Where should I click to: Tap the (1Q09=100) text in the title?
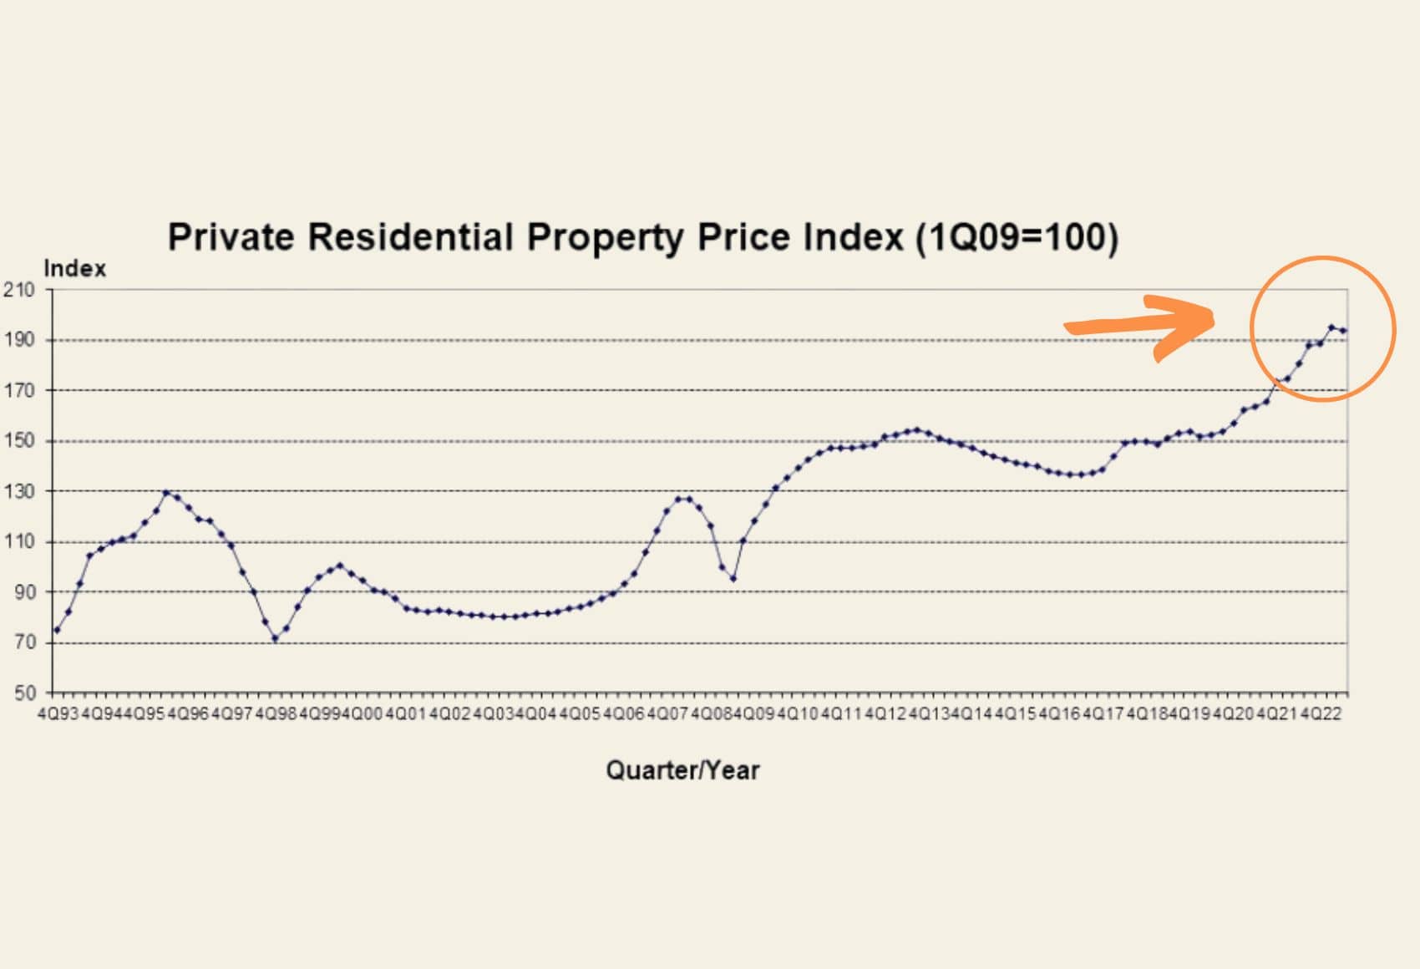click(x=1017, y=238)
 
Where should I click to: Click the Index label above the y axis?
click(x=75, y=269)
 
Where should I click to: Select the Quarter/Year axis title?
click(x=682, y=769)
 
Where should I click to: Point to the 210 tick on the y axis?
click(x=19, y=290)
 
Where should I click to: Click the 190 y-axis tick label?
click(x=19, y=340)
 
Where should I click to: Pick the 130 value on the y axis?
click(x=19, y=491)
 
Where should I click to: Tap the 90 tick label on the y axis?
click(x=23, y=592)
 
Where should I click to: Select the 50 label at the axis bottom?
click(x=23, y=693)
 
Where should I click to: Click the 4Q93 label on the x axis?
click(x=58, y=714)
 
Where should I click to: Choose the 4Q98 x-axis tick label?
click(x=276, y=714)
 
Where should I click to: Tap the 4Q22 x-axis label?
click(x=1321, y=714)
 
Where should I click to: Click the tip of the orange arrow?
click(x=1213, y=318)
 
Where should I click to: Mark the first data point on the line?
click(x=57, y=630)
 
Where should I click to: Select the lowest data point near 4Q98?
click(x=275, y=639)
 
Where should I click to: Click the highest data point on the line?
click(x=1331, y=327)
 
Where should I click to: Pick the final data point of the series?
click(x=1343, y=331)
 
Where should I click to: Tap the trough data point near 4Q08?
click(x=733, y=579)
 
